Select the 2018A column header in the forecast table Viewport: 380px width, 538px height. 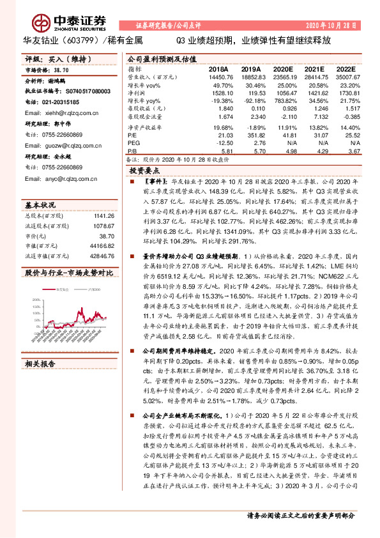coord(218,68)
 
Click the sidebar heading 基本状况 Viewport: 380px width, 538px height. coord(40,204)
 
